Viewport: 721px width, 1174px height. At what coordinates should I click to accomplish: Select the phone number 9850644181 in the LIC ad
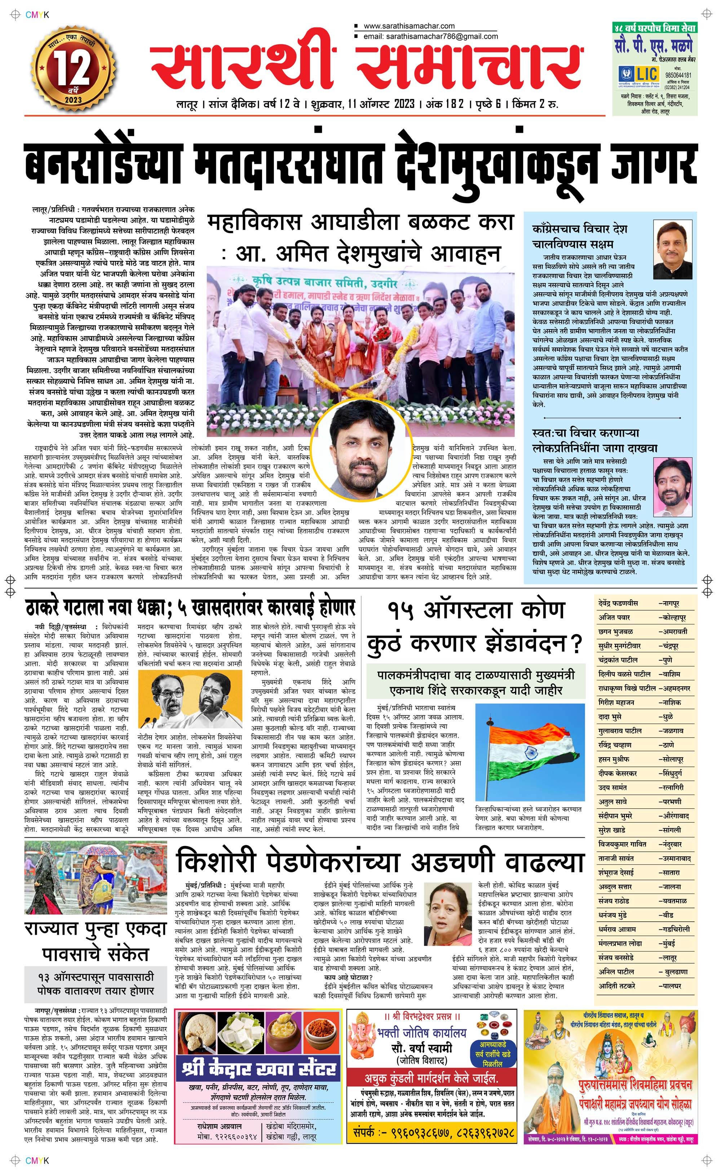click(681, 75)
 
